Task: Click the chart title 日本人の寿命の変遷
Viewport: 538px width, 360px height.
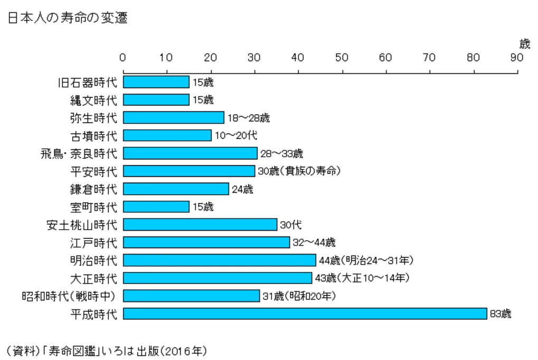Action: click(68, 17)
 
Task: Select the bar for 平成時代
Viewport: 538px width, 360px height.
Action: click(305, 314)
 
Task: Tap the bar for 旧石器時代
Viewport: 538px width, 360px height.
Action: click(156, 82)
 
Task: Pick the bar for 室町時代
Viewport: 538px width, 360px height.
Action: click(156, 206)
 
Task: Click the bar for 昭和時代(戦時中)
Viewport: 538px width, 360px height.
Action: click(192, 296)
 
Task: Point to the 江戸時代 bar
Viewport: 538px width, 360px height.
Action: click(206, 242)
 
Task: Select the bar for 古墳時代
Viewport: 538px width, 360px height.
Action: click(167, 135)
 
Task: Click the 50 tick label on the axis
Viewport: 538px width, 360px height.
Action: click(342, 58)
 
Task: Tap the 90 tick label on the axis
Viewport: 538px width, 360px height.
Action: click(517, 58)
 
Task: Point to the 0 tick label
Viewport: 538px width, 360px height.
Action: click(123, 58)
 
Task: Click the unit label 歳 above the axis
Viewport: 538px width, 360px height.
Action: click(525, 44)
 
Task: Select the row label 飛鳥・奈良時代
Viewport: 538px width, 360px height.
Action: click(79, 154)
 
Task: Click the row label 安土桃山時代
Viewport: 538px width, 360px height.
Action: click(82, 225)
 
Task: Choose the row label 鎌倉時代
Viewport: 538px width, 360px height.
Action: click(93, 190)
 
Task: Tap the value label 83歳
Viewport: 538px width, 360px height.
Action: click(501, 314)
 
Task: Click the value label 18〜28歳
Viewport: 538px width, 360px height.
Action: click(249, 118)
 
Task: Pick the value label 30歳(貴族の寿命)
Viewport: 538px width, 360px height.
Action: click(299, 171)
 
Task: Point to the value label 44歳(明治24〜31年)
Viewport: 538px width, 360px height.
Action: click(366, 260)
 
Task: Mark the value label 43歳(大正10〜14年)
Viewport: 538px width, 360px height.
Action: click(362, 278)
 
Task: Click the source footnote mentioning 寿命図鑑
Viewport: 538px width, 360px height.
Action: click(107, 350)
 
